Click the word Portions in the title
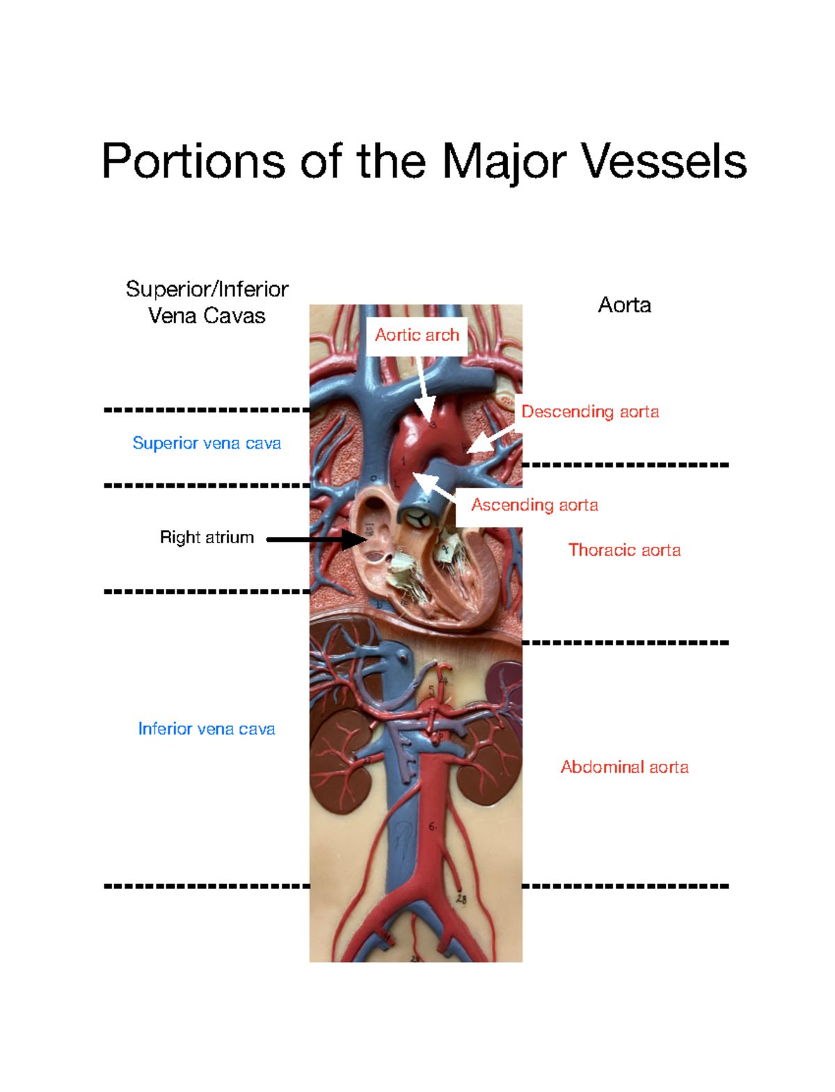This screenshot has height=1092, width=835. pyautogui.click(x=193, y=161)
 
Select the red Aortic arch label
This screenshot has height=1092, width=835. pyautogui.click(x=417, y=335)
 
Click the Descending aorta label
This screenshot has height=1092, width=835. pyautogui.click(x=590, y=412)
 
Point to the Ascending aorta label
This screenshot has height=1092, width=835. pyautogui.click(x=534, y=505)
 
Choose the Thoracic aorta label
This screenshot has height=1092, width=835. pyautogui.click(x=624, y=550)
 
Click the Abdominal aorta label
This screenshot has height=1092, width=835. pyautogui.click(x=624, y=767)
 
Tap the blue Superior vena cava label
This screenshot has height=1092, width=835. pyautogui.click(x=207, y=443)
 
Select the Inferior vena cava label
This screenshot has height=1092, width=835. pyautogui.click(x=207, y=729)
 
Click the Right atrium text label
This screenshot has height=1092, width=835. pyautogui.click(x=207, y=538)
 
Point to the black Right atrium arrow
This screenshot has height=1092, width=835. pyautogui.click(x=317, y=539)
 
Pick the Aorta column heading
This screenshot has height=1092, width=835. pyautogui.click(x=624, y=305)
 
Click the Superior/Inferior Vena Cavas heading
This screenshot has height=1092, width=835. pyautogui.click(x=207, y=302)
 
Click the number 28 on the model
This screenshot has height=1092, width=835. pyautogui.click(x=461, y=899)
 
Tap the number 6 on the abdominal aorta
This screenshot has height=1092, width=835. pyautogui.click(x=432, y=827)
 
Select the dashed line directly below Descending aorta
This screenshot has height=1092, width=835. pyautogui.click(x=625, y=465)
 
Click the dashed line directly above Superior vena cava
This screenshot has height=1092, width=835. pyautogui.click(x=207, y=410)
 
